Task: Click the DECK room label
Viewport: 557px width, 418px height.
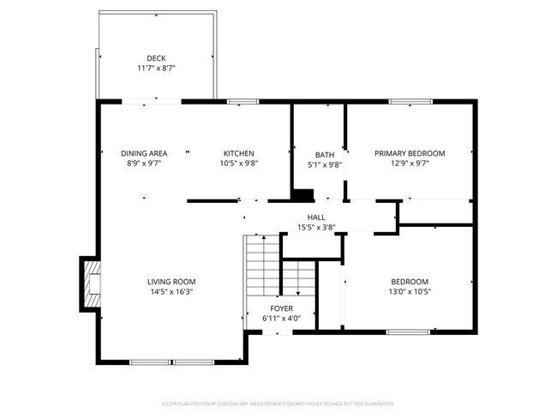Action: coord(156,58)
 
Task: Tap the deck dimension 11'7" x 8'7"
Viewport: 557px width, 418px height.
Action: coord(156,68)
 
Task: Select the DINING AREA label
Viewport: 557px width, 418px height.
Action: coord(144,152)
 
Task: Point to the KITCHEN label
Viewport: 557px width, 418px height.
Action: coord(239,152)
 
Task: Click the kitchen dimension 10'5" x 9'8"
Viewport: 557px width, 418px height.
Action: coord(239,163)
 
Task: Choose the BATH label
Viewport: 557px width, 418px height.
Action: coord(324,155)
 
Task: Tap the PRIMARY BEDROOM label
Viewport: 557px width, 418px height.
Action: coord(408,152)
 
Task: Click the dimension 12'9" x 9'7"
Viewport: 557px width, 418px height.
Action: coord(408,163)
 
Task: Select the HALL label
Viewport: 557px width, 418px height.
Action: coord(316,218)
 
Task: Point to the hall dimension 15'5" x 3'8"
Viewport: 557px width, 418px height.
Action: coord(316,228)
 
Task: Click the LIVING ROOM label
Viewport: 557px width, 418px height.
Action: coord(171,282)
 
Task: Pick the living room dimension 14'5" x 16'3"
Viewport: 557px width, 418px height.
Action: coord(171,292)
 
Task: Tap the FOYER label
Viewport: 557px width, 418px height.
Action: coord(281,308)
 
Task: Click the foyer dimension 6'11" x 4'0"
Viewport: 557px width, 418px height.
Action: coord(281,319)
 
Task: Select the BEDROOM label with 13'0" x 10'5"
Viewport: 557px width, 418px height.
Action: coord(410,282)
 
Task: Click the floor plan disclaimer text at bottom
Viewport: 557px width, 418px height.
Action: coord(278,403)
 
